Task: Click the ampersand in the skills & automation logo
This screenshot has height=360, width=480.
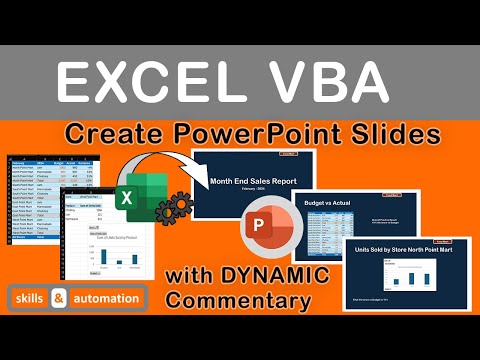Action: [58, 298]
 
